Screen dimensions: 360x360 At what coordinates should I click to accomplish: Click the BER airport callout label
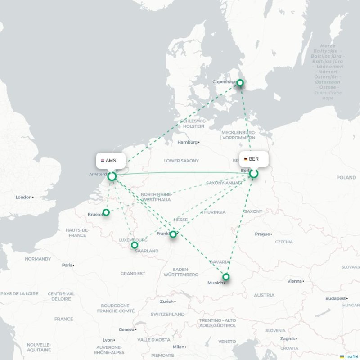click(x=254, y=159)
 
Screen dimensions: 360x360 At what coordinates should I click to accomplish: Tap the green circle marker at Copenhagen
click(x=240, y=83)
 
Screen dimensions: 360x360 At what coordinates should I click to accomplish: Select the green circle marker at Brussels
click(x=106, y=212)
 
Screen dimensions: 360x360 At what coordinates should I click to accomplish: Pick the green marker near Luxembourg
click(x=134, y=245)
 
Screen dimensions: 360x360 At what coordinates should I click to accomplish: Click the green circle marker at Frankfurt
click(x=173, y=234)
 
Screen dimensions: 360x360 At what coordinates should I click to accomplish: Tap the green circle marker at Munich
click(x=226, y=277)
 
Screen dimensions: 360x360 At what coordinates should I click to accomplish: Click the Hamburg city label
click(x=187, y=142)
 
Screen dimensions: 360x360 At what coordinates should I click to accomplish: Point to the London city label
click(x=24, y=197)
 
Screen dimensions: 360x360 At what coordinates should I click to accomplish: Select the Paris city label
click(x=67, y=265)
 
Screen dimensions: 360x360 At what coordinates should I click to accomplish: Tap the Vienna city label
click(x=295, y=281)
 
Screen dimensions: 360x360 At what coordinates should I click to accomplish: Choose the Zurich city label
click(x=166, y=301)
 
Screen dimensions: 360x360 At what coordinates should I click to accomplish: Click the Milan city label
click(x=179, y=347)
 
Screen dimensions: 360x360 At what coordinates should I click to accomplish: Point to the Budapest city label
click(x=336, y=298)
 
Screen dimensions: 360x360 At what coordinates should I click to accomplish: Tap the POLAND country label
click(x=346, y=178)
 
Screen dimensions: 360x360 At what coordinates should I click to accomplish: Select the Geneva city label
click(x=126, y=329)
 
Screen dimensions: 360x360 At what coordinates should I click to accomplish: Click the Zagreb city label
click(x=287, y=339)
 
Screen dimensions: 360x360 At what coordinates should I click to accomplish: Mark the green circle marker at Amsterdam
click(x=112, y=176)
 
